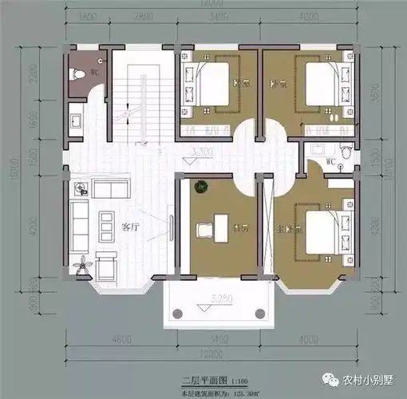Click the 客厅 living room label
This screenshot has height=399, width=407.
(130, 227)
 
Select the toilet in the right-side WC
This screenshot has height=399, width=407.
(344, 152)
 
